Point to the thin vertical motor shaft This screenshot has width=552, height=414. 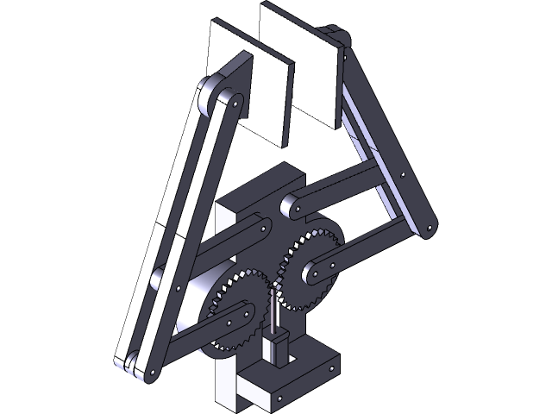click(x=274, y=310)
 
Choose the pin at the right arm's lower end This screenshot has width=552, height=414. click(x=428, y=228)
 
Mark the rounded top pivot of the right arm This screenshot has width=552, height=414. click(x=337, y=35)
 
